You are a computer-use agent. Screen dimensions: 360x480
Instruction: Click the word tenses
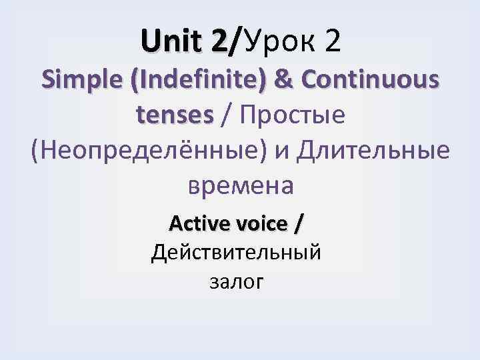175,115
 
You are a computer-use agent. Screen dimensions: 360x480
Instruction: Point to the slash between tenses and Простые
227,115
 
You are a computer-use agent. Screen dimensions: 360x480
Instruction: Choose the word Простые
291,115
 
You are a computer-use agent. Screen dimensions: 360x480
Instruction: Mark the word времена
240,185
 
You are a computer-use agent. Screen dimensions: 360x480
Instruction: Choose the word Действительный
237,253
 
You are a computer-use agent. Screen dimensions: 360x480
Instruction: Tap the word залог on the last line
237,283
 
